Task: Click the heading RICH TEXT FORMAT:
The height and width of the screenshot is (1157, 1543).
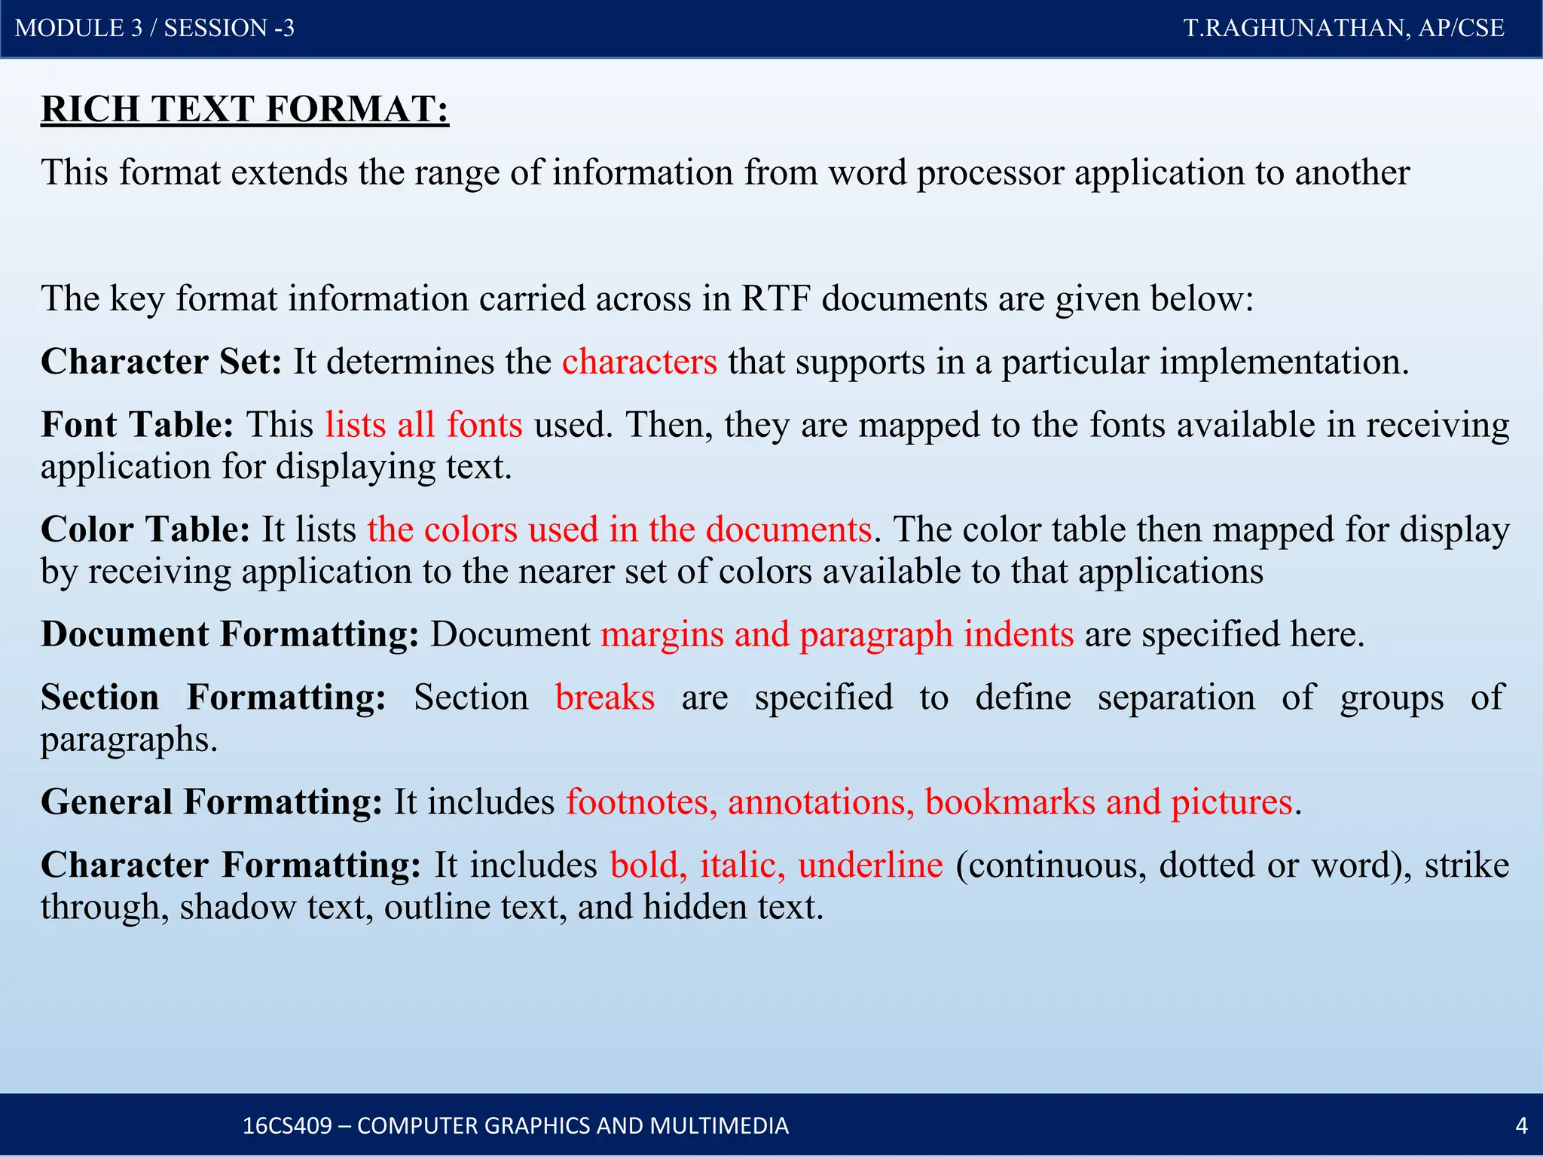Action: coord(245,109)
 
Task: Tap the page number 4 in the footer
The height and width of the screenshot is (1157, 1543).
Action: coord(1521,1125)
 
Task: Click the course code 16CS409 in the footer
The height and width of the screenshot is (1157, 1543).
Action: coord(286,1125)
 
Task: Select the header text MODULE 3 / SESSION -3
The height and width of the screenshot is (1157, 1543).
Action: coord(154,28)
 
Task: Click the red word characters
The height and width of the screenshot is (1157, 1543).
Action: coord(639,362)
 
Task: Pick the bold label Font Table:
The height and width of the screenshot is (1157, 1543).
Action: coord(138,425)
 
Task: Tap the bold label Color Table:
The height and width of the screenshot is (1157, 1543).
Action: coord(145,530)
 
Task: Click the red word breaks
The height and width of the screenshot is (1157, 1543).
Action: coord(604,698)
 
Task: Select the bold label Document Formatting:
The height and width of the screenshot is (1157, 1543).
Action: coord(230,634)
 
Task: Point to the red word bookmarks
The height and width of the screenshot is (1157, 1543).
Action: coord(1010,802)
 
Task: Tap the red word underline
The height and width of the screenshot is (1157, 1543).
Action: coord(870,865)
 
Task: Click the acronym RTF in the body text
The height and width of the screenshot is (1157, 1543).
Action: coord(776,299)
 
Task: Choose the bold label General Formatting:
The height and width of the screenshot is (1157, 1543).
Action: coord(212,802)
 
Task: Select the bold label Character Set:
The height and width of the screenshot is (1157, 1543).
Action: coord(161,362)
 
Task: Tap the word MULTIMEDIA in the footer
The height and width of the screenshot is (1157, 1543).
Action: coord(719,1125)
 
